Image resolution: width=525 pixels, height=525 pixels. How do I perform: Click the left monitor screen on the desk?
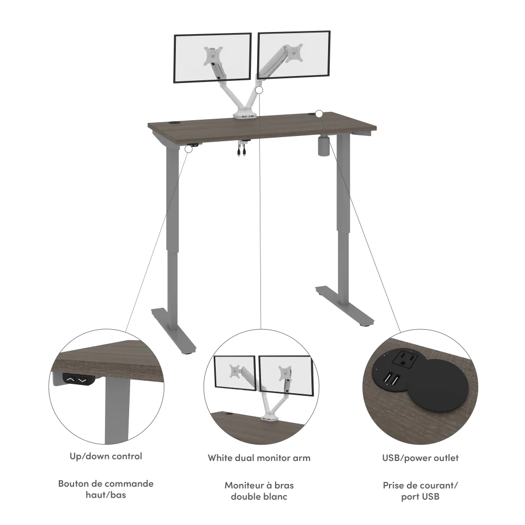coord(212,58)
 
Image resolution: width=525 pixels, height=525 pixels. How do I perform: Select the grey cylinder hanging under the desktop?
coord(324,145)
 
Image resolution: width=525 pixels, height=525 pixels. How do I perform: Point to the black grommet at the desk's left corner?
coord(174,123)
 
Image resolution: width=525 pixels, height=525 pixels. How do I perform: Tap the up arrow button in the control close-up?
coord(70,380)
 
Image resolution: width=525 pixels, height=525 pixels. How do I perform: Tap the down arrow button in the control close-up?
coord(82,380)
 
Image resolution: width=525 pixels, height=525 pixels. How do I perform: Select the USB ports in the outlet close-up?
coord(391,380)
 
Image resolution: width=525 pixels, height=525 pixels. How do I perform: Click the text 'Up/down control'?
coord(106,456)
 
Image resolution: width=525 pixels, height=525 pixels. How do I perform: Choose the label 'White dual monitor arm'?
coord(259,458)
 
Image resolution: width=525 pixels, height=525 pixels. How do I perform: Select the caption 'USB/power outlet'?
coord(420,458)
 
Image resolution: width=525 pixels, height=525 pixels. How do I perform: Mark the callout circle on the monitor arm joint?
coord(259,90)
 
